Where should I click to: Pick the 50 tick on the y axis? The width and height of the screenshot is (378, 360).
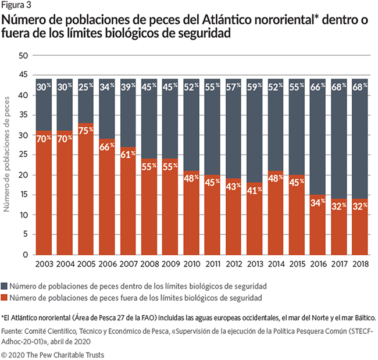pos(23,56)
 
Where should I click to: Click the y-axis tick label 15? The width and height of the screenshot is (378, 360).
pos(23,195)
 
